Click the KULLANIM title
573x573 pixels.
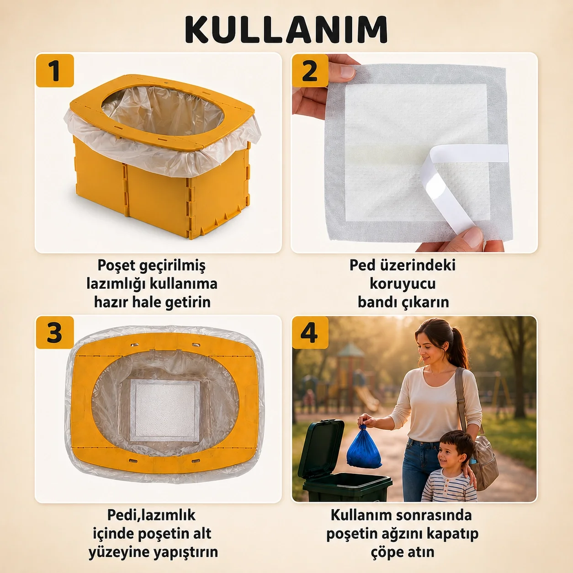click(286, 30)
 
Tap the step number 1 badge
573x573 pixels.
click(55, 70)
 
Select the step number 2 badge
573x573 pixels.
click(310, 70)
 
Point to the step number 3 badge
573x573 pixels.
click(55, 332)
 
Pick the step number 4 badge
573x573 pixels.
click(310, 332)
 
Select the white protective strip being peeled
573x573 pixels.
click(458, 184)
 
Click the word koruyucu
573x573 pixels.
click(403, 284)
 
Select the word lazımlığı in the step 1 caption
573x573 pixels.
click(116, 284)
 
